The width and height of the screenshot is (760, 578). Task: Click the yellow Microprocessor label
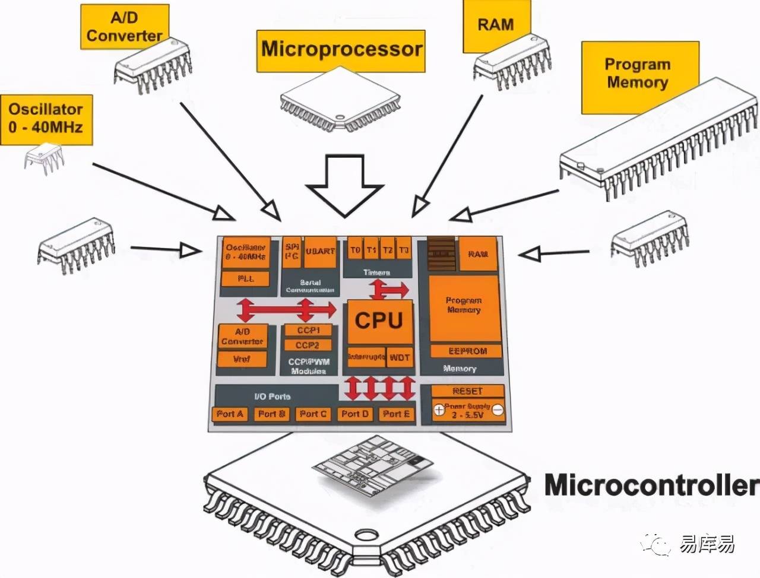(x=341, y=50)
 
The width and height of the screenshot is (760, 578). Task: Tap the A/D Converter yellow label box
(x=124, y=27)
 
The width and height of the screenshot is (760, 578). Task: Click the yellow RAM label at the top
(x=496, y=26)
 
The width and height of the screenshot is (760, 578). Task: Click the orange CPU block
(x=379, y=321)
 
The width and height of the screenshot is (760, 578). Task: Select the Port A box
(x=230, y=414)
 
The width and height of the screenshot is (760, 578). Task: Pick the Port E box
(x=396, y=414)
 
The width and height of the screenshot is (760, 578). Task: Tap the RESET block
(x=468, y=391)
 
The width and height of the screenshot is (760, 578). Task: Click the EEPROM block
(x=467, y=351)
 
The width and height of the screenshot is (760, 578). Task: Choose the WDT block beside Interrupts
(x=400, y=357)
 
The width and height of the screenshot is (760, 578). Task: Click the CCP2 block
(x=308, y=345)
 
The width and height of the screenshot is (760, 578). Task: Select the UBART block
(x=320, y=252)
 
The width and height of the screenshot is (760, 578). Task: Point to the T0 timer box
(x=354, y=250)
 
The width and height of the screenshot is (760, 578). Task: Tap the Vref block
(x=242, y=358)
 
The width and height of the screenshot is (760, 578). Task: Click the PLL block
(x=245, y=278)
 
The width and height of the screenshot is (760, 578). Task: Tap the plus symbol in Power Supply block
(x=439, y=409)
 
